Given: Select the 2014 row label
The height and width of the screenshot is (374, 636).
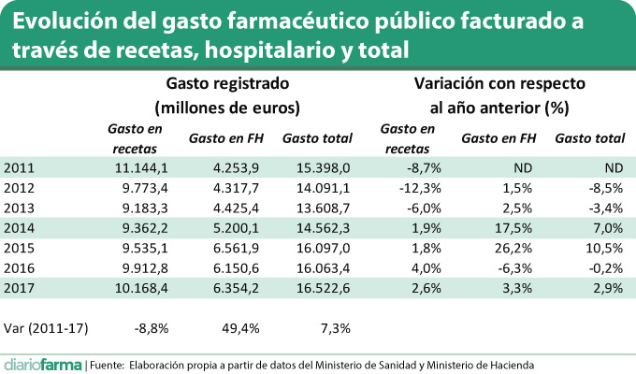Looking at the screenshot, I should (20, 227).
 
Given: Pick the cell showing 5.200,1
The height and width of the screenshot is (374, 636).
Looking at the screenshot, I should (238, 227).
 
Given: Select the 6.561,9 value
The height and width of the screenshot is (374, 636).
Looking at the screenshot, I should (238, 248).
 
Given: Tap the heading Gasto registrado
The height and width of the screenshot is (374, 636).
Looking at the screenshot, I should (227, 83).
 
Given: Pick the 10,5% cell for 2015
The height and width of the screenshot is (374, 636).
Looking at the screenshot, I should (604, 248).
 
